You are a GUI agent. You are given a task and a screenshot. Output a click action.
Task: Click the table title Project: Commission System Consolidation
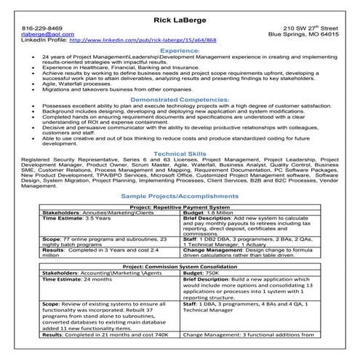(x=180, y=267)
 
